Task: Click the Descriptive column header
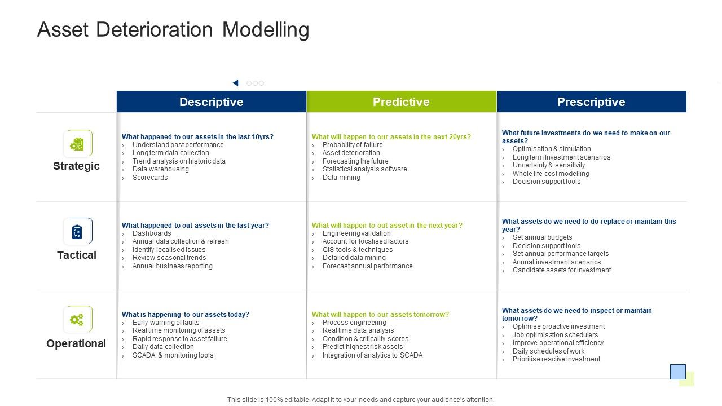211,102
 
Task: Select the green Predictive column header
401,102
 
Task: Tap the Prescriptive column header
591,102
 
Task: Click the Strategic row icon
77,144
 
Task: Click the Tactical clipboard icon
77,232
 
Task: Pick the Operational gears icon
77,320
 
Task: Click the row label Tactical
77,255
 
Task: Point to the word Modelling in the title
266,29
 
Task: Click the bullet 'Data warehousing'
160,169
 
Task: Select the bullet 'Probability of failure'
353,145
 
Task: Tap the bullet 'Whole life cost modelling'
551,174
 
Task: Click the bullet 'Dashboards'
152,233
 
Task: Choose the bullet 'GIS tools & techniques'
358,250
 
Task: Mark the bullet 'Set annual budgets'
542,237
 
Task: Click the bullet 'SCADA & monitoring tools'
173,355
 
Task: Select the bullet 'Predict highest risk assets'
363,347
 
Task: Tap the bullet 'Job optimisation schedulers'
555,335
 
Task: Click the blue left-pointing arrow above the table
235,83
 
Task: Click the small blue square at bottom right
677,372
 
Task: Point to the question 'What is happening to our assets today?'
186,315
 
